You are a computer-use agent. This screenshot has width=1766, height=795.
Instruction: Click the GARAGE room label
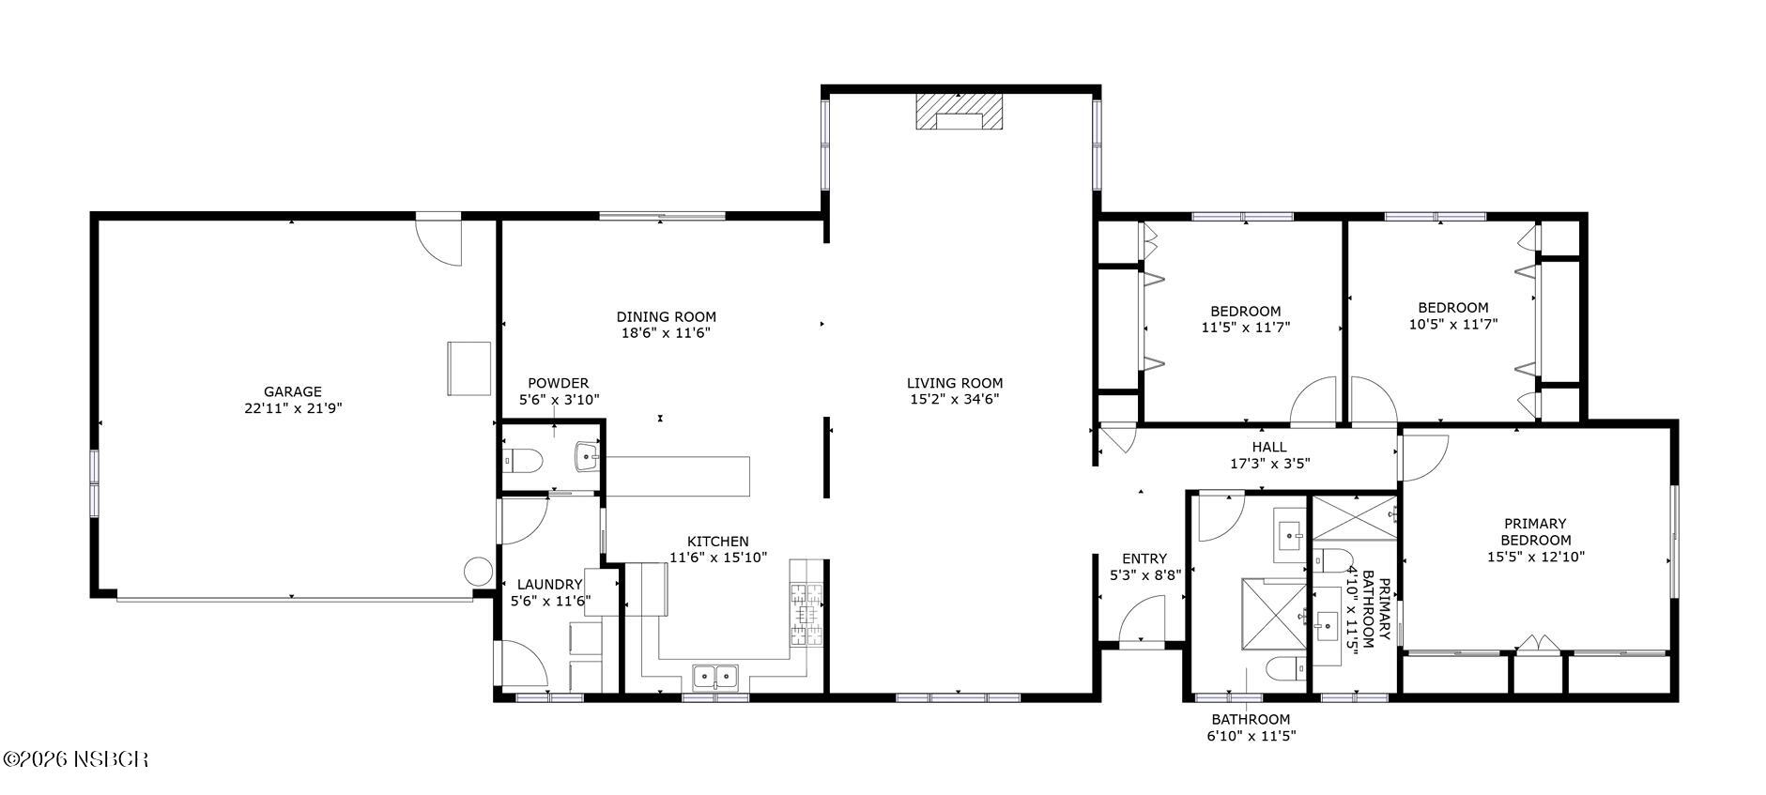coord(292,392)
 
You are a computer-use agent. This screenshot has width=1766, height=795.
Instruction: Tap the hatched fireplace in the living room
coord(959,111)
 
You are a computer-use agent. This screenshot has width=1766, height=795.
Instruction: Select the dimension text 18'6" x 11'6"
coord(666,333)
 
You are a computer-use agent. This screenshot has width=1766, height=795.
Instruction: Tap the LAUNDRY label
coord(550,585)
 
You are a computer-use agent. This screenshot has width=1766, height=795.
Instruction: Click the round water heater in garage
coord(478,571)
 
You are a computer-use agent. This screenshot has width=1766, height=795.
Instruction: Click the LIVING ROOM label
coord(954,383)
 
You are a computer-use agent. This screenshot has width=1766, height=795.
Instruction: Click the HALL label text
coord(1269,447)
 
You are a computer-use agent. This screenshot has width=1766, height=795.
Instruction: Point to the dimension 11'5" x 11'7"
coord(1245,328)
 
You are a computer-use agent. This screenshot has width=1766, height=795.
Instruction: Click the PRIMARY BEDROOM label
coord(1535,531)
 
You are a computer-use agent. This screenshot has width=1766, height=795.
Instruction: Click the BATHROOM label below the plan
coord(1250,720)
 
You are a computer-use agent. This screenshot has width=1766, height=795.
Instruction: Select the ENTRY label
coord(1144,558)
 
